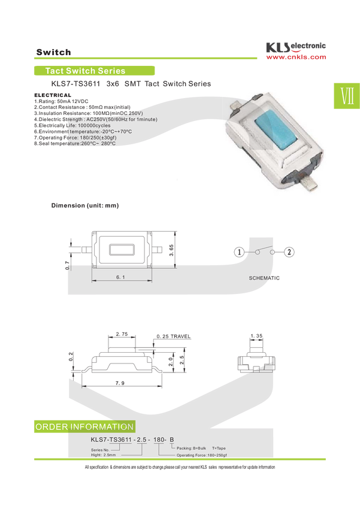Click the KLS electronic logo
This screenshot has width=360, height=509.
296,47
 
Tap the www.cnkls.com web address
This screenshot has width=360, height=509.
296,57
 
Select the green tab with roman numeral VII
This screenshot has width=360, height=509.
347,96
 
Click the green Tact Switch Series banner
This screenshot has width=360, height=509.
94,71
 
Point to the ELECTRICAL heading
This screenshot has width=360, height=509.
53,95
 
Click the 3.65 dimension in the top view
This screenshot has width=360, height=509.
171,250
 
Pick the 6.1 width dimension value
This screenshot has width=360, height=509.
120,277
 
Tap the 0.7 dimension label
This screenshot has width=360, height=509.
67,265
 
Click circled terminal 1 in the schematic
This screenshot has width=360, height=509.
239,252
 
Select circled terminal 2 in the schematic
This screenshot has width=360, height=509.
289,252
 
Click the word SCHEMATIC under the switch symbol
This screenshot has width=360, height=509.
264,278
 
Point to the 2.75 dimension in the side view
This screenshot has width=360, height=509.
122,334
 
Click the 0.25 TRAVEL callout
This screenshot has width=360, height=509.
173,337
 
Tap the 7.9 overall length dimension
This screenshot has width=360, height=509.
120,383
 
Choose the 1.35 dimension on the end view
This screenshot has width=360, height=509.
256,336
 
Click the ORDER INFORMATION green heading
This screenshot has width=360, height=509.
84,426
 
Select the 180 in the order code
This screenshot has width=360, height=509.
159,440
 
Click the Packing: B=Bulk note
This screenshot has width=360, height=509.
191,448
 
